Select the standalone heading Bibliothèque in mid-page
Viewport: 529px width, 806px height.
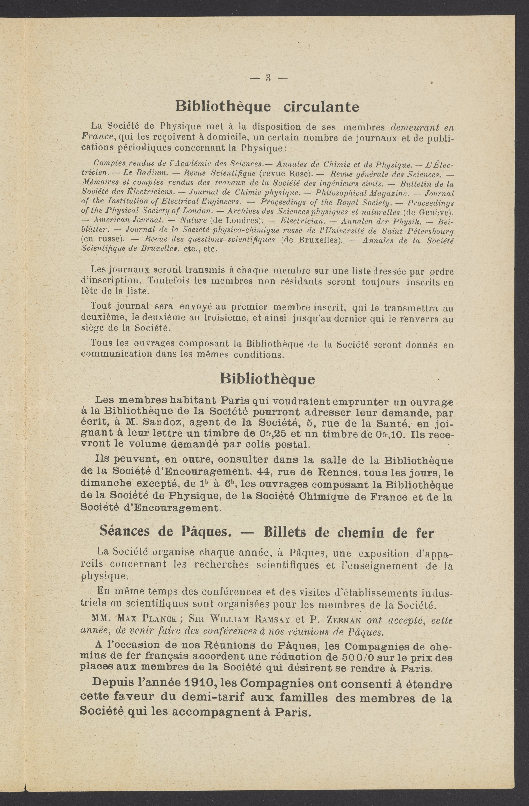coord(267,379)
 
